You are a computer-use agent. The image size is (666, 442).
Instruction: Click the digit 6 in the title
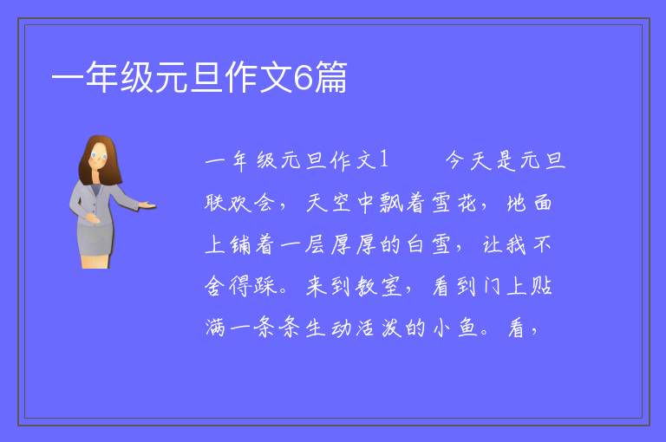pos(303,77)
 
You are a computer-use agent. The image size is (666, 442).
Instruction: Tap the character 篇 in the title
pos(331,77)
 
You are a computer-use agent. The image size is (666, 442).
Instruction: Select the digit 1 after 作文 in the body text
pos(383,160)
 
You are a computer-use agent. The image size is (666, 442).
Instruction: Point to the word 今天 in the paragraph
pos(468,160)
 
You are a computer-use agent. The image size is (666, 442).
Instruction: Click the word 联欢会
pos(239,202)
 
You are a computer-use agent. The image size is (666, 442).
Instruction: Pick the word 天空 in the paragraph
pos(328,202)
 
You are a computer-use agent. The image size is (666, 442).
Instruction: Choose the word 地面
pos(530,202)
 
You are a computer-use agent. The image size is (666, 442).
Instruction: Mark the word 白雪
pos(428,244)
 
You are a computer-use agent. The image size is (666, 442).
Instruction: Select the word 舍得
pos(227,286)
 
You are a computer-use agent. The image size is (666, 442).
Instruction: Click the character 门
pos(492,286)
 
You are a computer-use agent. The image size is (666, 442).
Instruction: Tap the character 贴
pos(541,286)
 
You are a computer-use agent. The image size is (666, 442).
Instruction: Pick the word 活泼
pos(379,328)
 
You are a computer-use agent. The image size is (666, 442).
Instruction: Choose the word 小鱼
pos(455,328)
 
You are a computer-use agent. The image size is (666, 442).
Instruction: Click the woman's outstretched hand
pos(147,205)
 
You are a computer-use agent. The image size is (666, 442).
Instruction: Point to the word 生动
pos(328,328)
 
